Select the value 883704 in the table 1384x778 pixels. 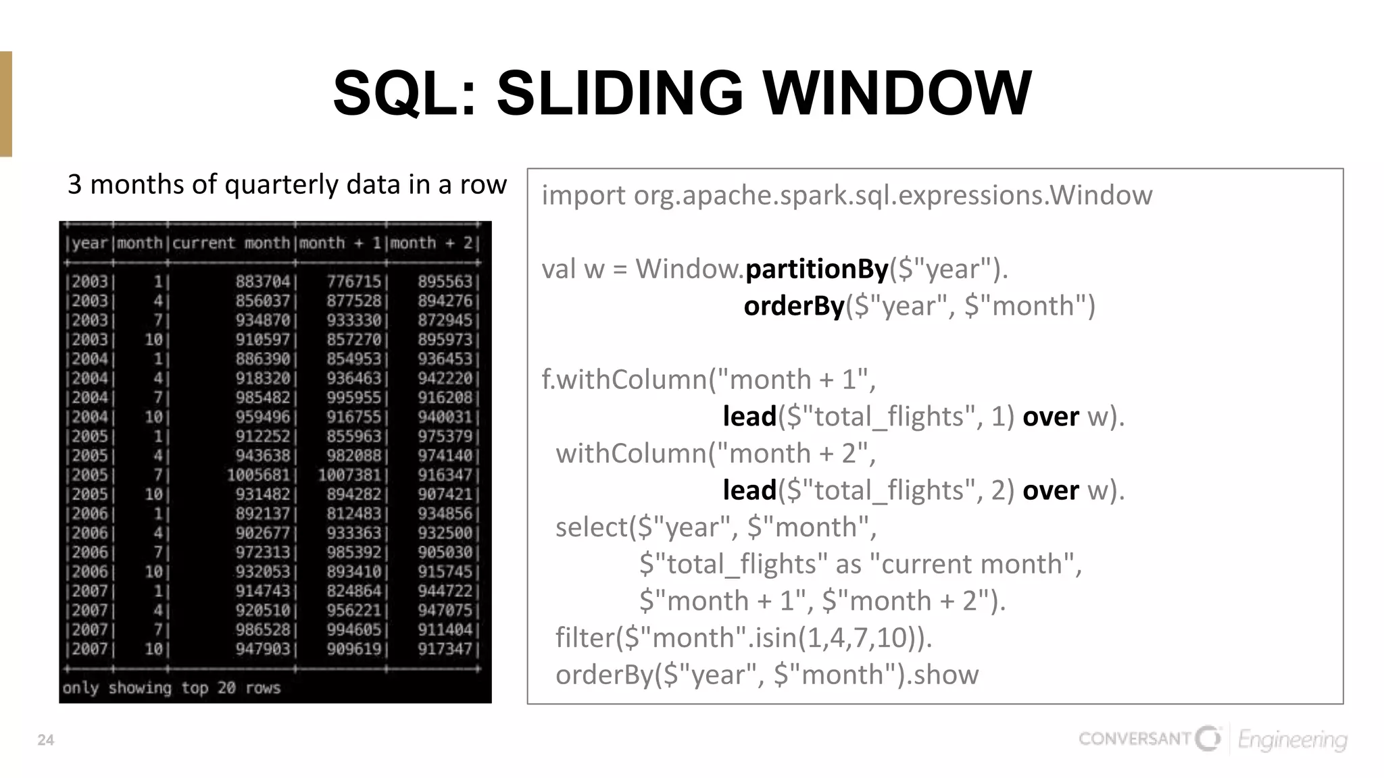(262, 281)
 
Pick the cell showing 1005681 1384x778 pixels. (258, 475)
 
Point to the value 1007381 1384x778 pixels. (349, 475)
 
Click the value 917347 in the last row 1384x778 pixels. (445, 649)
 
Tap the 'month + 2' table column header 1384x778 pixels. (432, 243)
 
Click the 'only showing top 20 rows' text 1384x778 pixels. (172, 688)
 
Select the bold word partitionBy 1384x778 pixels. (816, 269)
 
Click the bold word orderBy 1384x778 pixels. (794, 306)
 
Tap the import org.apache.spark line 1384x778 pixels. (847, 195)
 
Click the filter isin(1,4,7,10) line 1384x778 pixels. (743, 638)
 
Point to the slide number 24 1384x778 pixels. (45, 740)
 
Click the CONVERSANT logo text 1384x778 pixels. (1135, 738)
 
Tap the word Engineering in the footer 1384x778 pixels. (1292, 740)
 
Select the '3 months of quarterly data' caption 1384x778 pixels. (287, 184)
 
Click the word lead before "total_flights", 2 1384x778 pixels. (749, 490)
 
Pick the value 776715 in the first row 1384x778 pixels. (354, 281)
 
